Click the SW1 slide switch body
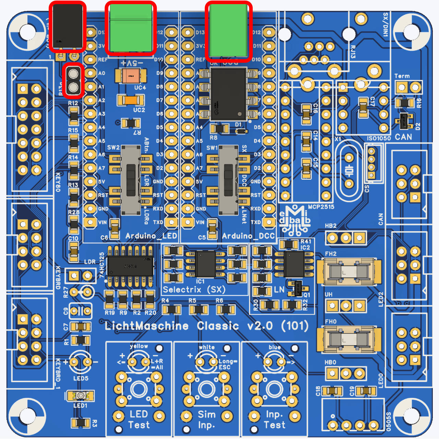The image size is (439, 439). pos(228,180)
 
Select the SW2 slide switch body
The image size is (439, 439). pos(131,180)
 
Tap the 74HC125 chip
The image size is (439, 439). pos(130,266)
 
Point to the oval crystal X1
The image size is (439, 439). pos(349,170)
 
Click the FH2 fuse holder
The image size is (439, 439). pos(349,272)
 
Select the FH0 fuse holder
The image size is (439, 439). pos(349,339)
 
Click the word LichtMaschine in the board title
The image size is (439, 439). pos(147,326)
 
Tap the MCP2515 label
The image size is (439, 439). pos(321,207)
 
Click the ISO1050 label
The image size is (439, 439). pos(379,138)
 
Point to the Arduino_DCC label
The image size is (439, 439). pos(248,236)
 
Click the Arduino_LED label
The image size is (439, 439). pos(151,236)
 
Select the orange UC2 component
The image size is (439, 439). pos(131,100)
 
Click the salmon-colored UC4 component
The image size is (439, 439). pos(131,76)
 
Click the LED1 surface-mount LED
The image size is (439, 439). pos(80,396)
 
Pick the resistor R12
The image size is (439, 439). pos(74,116)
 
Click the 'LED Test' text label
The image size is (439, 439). pos(139,419)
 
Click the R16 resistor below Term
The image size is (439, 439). pos(405,103)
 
